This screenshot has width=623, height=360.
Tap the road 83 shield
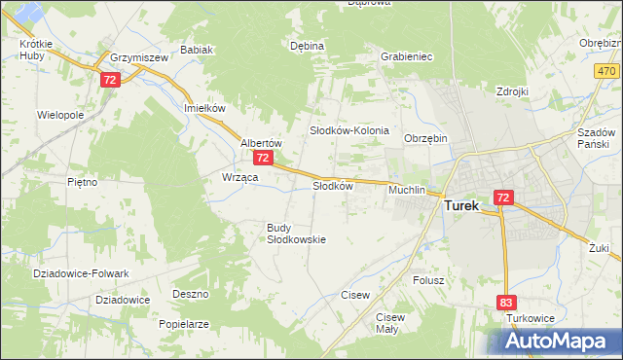tap(504, 304)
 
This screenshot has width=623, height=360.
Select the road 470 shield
tap(606, 72)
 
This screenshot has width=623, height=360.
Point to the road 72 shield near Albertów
tap(262, 157)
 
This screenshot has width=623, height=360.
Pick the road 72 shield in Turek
tap(502, 197)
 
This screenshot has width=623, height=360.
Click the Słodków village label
tap(331, 186)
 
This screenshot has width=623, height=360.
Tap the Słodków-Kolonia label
tap(349, 129)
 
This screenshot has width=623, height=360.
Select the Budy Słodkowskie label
tap(296, 234)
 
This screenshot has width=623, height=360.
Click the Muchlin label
tap(407, 190)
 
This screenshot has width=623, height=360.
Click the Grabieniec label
tap(407, 56)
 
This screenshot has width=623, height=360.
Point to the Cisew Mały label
tap(389, 323)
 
